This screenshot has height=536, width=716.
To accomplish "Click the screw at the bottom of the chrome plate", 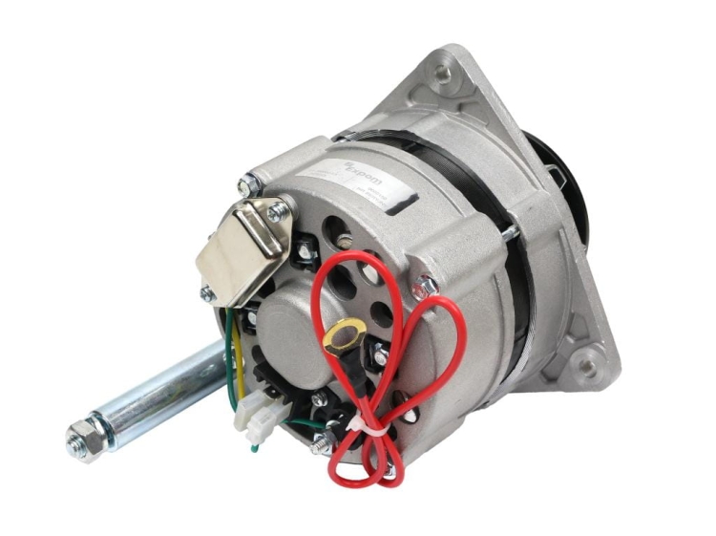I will tap(207, 292).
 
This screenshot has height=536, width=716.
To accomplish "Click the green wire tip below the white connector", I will tap(255, 446).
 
